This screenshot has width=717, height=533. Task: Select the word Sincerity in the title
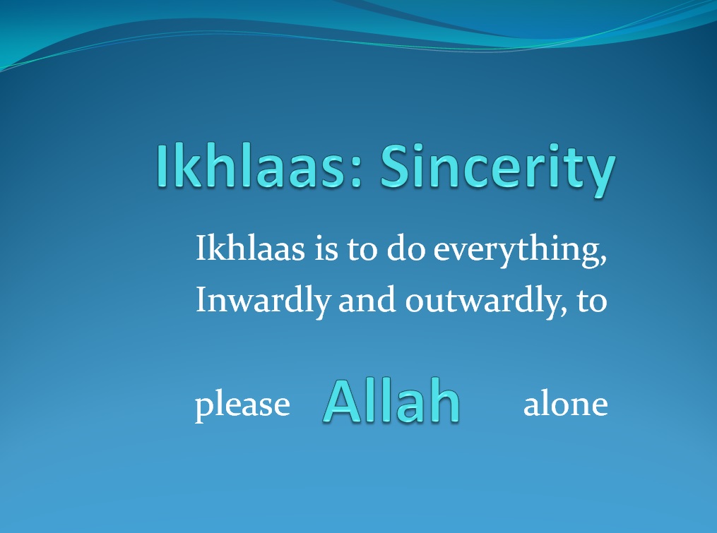[x=497, y=170]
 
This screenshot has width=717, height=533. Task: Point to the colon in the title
[x=357, y=173]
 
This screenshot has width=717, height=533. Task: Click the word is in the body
[x=326, y=248]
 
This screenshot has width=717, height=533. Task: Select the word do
[x=406, y=248]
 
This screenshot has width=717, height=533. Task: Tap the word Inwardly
[x=263, y=301]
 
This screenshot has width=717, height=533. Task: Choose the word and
[x=367, y=299]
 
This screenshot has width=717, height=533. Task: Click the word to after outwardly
[x=592, y=301]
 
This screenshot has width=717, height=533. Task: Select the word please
[x=242, y=405]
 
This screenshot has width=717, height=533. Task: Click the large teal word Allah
[x=391, y=402]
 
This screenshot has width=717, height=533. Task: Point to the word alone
[x=566, y=403]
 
